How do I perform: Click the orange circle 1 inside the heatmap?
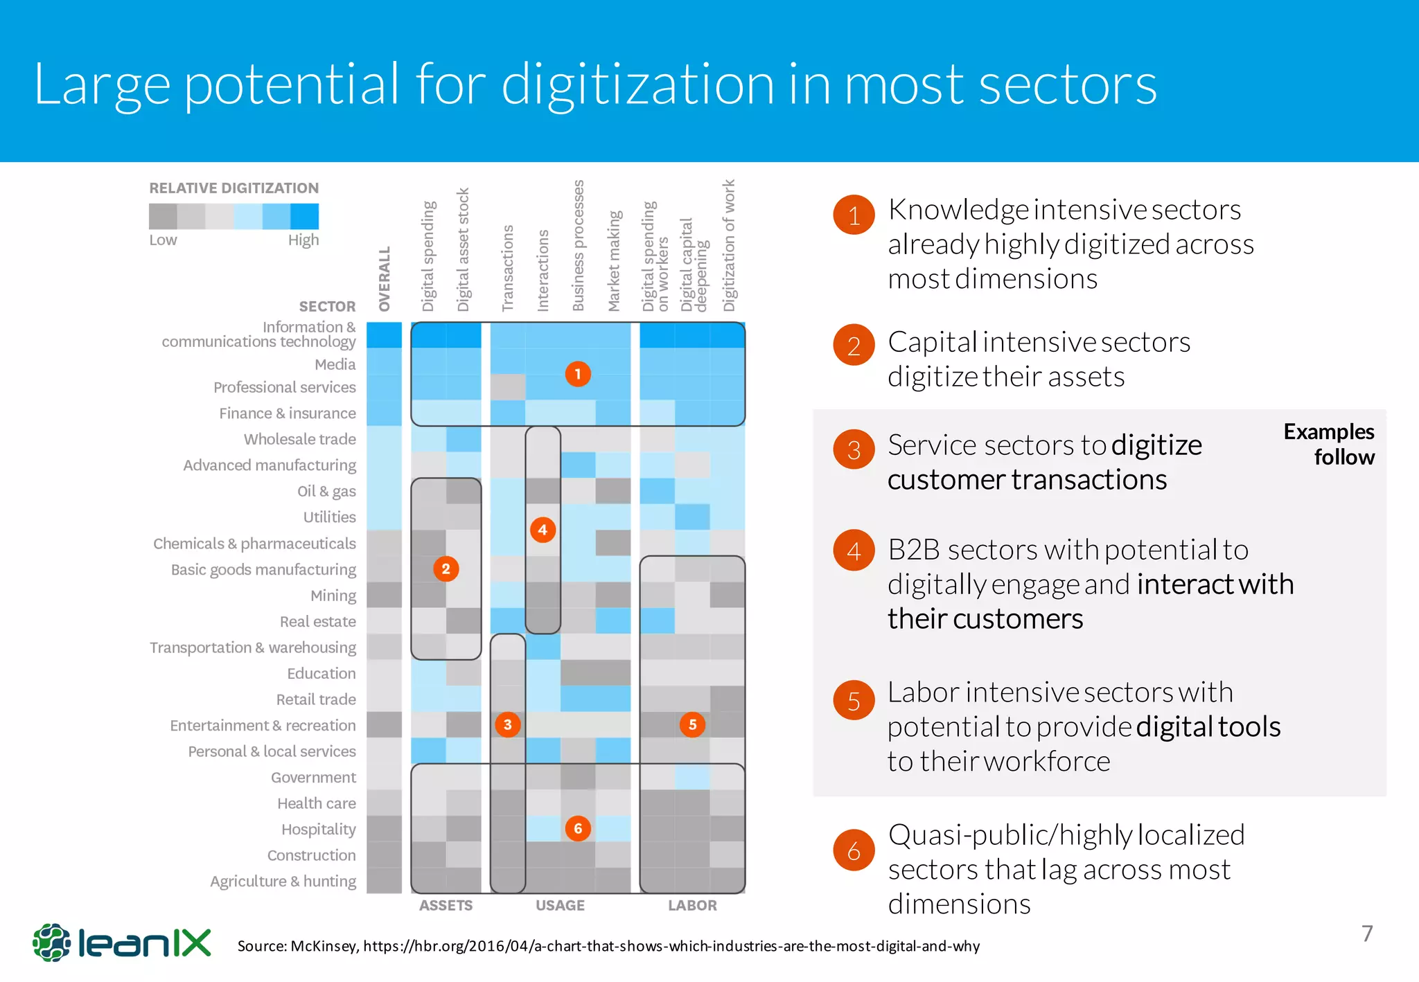[x=577, y=374]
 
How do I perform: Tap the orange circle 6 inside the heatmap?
[x=577, y=828]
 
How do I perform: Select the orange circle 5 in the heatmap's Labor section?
[x=692, y=724]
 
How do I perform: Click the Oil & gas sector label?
[x=326, y=491]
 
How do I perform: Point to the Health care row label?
[x=317, y=803]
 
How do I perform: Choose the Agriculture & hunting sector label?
[x=283, y=881]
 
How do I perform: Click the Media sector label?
[x=335, y=364]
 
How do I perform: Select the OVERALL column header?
[x=385, y=278]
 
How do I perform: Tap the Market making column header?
[x=614, y=260]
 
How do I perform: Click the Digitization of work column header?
[x=729, y=246]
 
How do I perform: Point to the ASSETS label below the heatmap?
[x=446, y=905]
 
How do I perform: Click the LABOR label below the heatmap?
[x=692, y=905]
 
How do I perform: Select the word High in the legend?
[x=303, y=240]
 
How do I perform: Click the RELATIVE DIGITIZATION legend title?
[x=234, y=188]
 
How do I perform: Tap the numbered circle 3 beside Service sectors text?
[x=854, y=450]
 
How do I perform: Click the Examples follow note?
[x=1329, y=444]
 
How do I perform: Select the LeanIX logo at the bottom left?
[x=122, y=943]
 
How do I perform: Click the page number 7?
[x=1366, y=934]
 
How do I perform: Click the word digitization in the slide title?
[x=637, y=84]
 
